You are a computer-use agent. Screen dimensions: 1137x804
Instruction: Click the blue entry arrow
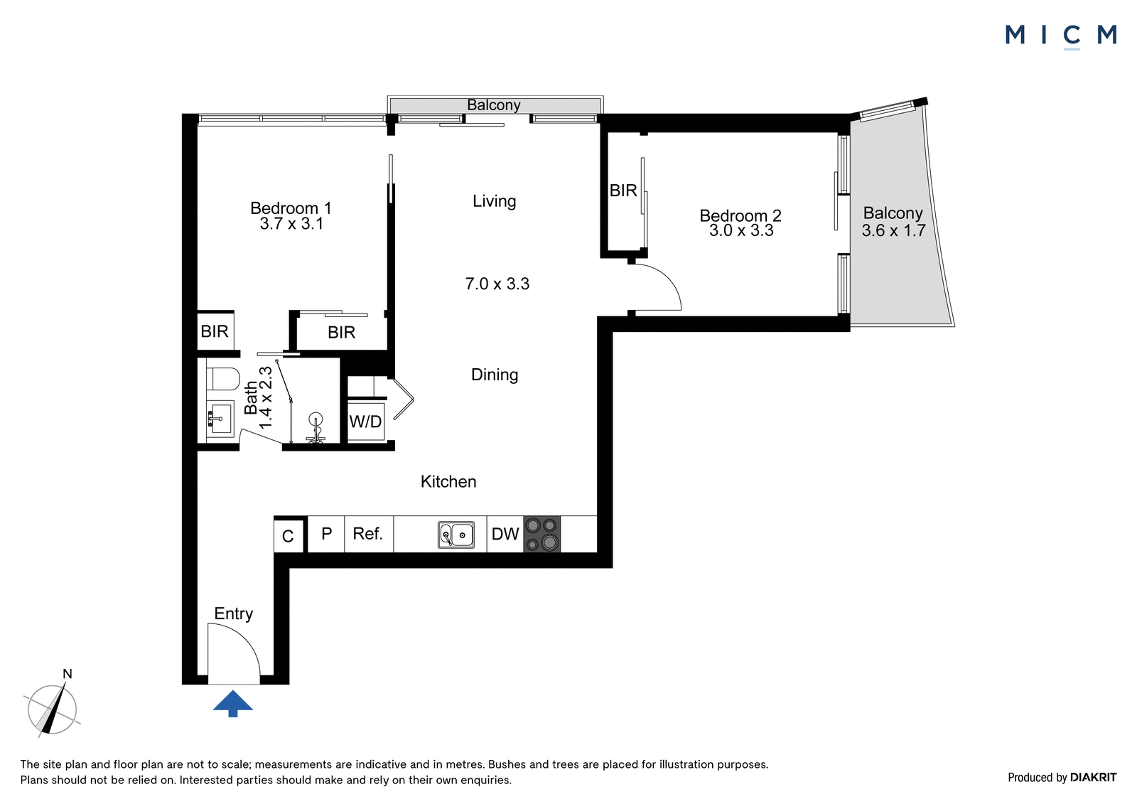[x=232, y=704]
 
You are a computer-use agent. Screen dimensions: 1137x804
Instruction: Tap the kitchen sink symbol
[x=456, y=535]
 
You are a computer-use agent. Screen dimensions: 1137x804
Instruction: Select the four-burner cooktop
[x=541, y=535]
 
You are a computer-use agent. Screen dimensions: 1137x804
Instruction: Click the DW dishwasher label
[x=505, y=534]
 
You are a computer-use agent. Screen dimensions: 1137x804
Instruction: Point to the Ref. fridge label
[x=367, y=533]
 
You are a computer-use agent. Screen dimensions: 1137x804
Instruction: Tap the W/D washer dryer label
[x=365, y=422]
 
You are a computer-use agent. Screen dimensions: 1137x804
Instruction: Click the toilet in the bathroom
[x=223, y=379]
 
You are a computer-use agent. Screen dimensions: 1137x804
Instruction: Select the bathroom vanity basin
[x=220, y=419]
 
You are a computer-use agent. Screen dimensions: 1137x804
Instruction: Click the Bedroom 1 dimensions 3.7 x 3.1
[x=291, y=224]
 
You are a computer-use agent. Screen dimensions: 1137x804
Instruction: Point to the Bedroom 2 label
[x=740, y=216]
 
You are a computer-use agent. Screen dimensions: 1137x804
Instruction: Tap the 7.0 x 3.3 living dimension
[x=497, y=284]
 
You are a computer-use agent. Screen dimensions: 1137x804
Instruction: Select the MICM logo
[x=1061, y=36]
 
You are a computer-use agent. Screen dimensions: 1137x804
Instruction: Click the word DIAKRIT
[x=1094, y=777]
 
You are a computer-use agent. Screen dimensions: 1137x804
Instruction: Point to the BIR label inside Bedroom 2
[x=623, y=191]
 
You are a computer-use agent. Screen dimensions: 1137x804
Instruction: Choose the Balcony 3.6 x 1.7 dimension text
[x=893, y=230]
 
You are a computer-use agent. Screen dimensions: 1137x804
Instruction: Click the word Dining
[x=495, y=375]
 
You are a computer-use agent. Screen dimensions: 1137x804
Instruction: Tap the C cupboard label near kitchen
[x=288, y=536]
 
